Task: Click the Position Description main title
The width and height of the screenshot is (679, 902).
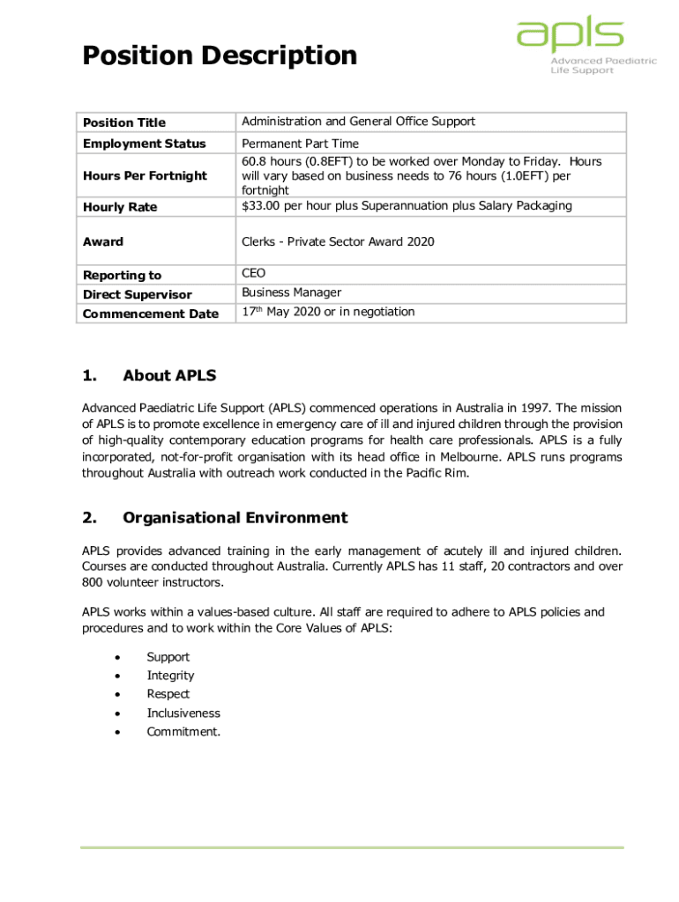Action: pyautogui.click(x=220, y=56)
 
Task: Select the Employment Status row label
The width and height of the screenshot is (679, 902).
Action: pyautogui.click(x=144, y=144)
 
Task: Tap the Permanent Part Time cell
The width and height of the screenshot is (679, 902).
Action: pyautogui.click(x=300, y=143)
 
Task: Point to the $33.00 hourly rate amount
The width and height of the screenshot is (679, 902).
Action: pyautogui.click(x=262, y=206)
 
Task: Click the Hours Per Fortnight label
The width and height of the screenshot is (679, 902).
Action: pyautogui.click(x=145, y=175)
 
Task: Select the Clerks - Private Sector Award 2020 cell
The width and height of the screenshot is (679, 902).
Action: pyautogui.click(x=338, y=241)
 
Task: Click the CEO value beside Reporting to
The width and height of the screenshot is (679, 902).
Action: pyautogui.click(x=254, y=274)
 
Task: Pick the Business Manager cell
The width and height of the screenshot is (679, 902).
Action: pyautogui.click(x=291, y=292)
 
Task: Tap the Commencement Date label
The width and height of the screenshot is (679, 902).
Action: pyautogui.click(x=150, y=314)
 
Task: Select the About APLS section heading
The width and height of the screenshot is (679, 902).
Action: pyautogui.click(x=169, y=376)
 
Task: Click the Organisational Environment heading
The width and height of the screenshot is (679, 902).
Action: pyautogui.click(x=235, y=518)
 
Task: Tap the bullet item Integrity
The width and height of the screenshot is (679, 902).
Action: pyautogui.click(x=170, y=676)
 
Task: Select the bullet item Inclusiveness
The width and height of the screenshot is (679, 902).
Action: pyautogui.click(x=183, y=713)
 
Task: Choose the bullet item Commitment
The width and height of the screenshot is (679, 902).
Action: pyautogui.click(x=183, y=732)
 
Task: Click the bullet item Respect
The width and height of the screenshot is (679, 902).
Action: pyautogui.click(x=168, y=694)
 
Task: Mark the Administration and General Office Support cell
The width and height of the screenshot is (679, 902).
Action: pyautogui.click(x=358, y=122)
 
